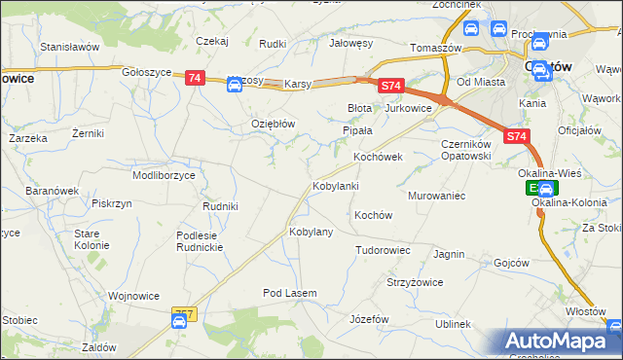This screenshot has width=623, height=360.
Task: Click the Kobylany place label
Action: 311,233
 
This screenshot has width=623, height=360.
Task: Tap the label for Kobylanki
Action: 336,186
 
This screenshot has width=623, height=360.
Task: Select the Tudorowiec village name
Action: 383,250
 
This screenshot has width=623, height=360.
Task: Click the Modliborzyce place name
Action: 164,175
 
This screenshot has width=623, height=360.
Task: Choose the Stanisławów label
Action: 70,46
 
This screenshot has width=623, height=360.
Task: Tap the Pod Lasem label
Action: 291,293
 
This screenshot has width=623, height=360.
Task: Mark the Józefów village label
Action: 369,319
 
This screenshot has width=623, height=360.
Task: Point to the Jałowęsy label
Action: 351,44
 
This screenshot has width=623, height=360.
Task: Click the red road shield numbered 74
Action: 195,78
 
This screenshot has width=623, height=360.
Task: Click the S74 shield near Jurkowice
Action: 391,87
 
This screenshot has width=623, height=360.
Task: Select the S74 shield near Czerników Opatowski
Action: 516,138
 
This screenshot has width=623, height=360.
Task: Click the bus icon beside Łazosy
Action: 235,85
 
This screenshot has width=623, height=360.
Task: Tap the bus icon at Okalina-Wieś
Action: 547,189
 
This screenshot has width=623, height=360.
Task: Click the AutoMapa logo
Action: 563,342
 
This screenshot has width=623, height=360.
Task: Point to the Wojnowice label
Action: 133,295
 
